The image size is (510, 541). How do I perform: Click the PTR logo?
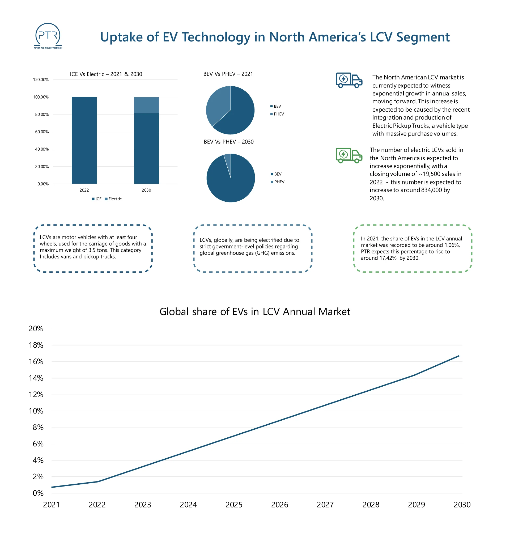[x=48, y=36]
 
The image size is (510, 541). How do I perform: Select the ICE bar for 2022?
[x=84, y=140]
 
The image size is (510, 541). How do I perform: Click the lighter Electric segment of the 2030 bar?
[x=146, y=105]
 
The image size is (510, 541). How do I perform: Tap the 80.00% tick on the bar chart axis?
[x=42, y=115]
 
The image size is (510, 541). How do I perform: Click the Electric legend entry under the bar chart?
[x=113, y=199]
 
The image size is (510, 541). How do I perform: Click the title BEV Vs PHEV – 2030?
[x=228, y=142]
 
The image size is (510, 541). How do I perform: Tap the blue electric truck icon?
[x=349, y=80]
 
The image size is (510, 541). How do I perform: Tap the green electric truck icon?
[x=349, y=155]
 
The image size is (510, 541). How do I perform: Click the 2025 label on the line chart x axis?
[x=234, y=505]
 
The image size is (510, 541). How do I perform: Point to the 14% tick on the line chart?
[x=36, y=378]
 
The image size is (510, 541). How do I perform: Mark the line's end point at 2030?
[x=459, y=356]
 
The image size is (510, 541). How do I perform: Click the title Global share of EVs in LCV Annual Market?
[x=255, y=312]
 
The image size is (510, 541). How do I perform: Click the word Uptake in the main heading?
[x=122, y=37]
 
